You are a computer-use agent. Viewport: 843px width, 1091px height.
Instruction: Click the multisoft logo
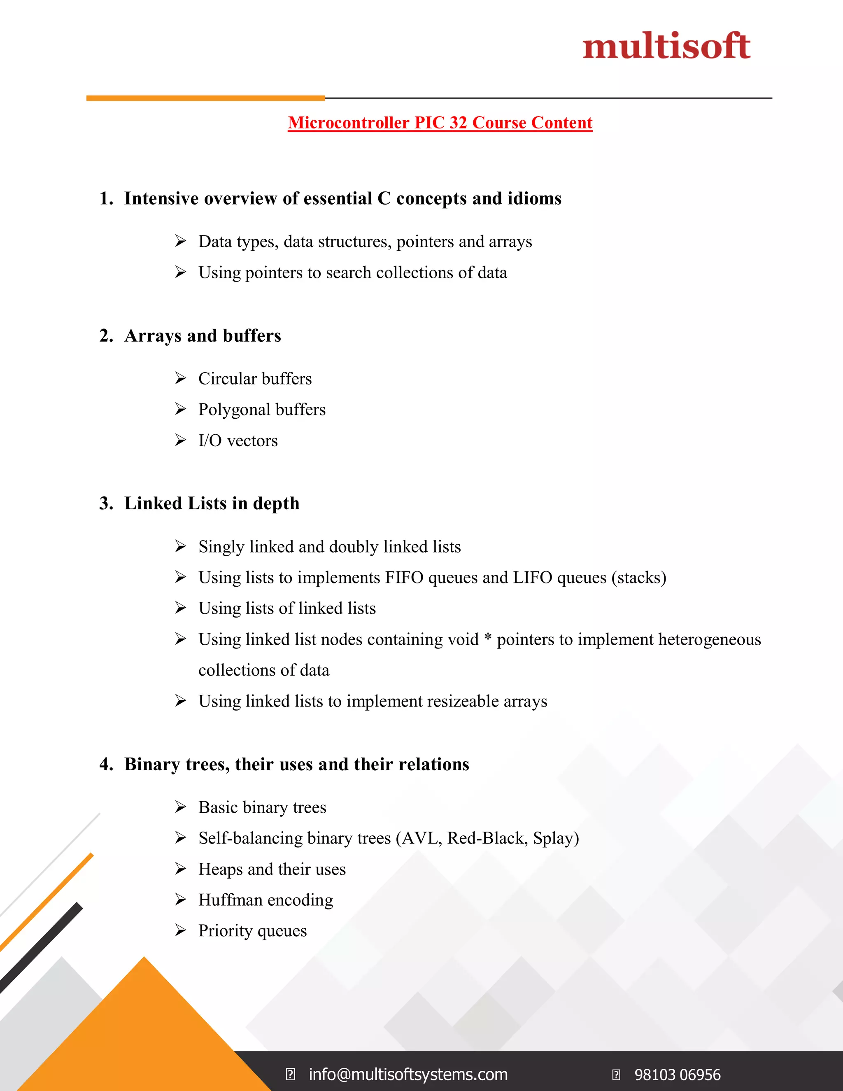click(x=666, y=46)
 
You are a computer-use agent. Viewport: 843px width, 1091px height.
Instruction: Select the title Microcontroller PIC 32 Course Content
click(x=440, y=123)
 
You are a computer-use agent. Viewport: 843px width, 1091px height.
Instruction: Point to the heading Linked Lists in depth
click(x=212, y=504)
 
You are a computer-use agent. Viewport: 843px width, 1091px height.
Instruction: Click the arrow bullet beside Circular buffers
click(x=180, y=378)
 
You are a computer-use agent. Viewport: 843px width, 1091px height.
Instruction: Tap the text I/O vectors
click(x=238, y=441)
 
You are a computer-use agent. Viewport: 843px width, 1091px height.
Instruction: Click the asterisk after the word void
click(x=487, y=637)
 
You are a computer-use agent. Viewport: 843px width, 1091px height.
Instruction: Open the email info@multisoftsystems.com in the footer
click(x=408, y=1074)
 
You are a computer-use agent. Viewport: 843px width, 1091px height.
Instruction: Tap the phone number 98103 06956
click(x=677, y=1075)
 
